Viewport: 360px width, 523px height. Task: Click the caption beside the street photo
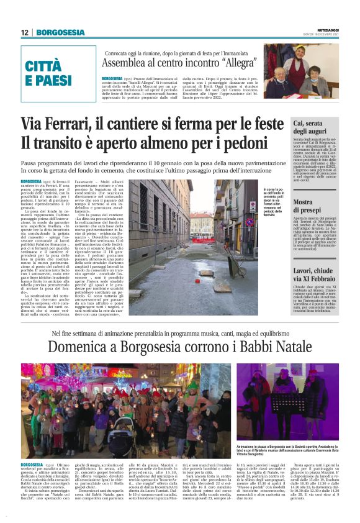click(277, 202)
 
